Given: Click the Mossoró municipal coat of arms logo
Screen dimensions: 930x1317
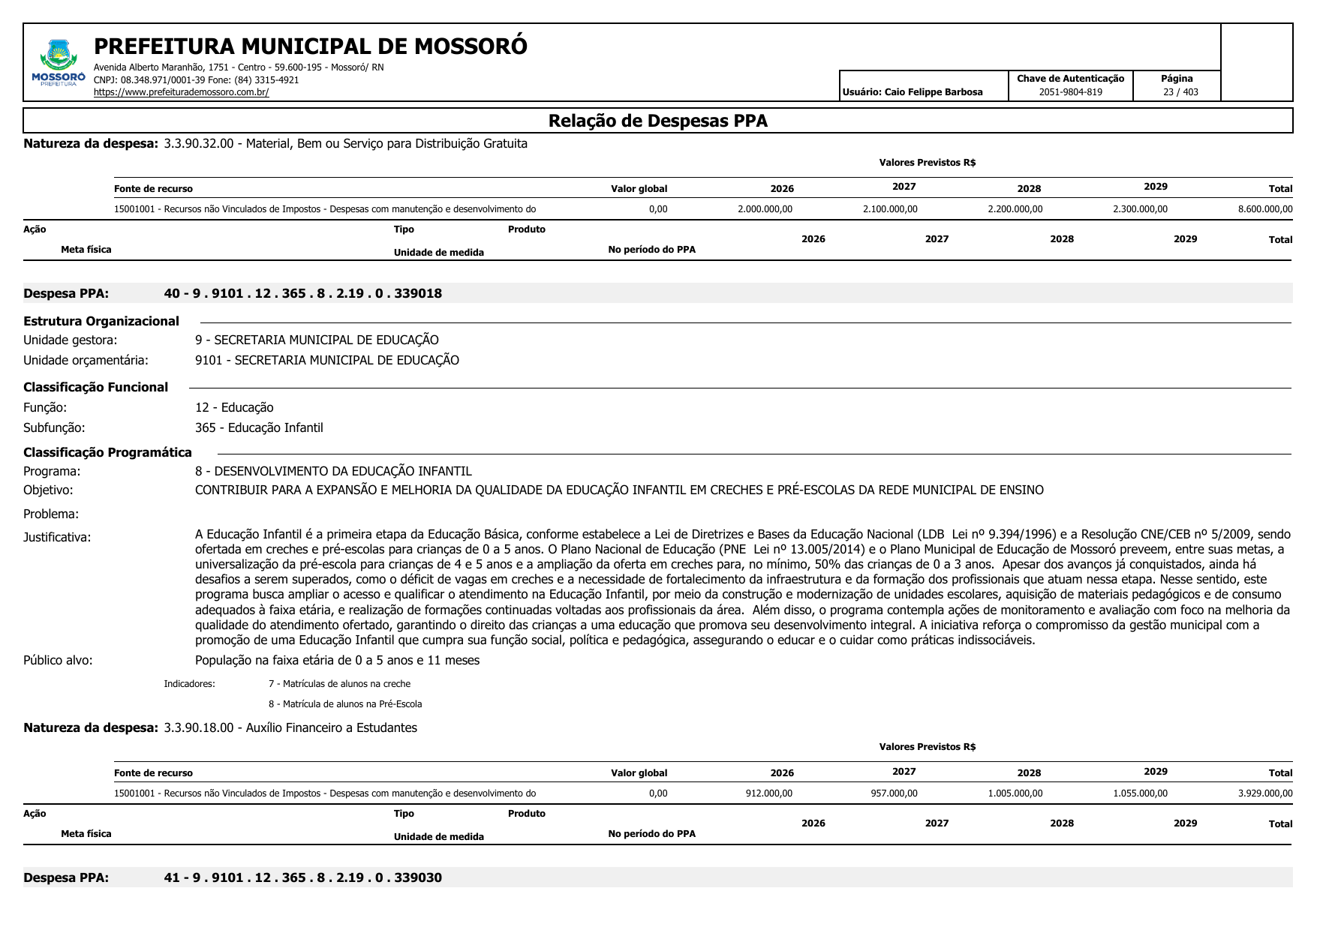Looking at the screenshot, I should point(58,61).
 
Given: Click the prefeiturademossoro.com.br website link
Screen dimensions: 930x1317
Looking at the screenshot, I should point(181,92).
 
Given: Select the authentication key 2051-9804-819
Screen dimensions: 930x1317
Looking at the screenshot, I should point(1070,92).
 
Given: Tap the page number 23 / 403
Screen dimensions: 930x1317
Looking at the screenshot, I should point(1180,92).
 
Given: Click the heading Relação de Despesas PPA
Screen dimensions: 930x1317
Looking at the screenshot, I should point(657,121).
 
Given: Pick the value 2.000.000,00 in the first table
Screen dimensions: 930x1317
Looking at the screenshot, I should point(765,209).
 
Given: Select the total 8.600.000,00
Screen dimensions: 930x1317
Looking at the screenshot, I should point(1265,209).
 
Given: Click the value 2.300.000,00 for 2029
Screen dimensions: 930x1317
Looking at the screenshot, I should point(1140,209).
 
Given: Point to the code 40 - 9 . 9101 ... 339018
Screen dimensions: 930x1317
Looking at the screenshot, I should point(302,293).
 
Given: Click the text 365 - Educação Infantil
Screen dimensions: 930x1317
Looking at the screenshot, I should point(259,427).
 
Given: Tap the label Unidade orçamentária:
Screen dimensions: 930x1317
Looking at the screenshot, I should point(86,360).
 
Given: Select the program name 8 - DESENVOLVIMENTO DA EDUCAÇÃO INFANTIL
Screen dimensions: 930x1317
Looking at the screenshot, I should point(333,471).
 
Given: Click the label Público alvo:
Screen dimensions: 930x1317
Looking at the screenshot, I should point(58,660).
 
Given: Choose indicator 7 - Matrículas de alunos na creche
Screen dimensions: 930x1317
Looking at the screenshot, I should point(339,683).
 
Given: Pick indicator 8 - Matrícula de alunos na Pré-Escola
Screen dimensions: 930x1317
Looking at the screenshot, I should point(345,703).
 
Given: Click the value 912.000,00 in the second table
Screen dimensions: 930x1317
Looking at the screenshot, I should point(768,793).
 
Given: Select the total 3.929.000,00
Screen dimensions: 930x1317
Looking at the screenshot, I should point(1265,793).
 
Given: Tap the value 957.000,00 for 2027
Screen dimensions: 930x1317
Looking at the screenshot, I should point(894,793).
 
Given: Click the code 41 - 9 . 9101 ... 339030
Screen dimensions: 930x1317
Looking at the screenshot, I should point(302,877).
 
